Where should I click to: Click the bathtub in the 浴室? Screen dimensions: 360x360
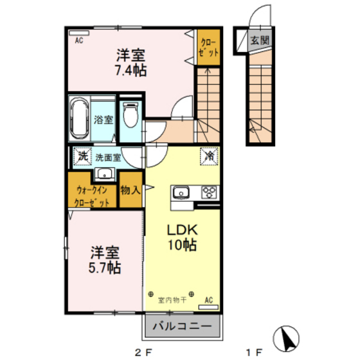coord(80,118)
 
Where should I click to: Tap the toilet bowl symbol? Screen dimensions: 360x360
coord(130,117)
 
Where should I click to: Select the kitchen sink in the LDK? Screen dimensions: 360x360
coord(180,192)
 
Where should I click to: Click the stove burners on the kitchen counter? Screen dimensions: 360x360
coord(209,192)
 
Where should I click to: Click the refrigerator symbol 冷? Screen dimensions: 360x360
coord(210,156)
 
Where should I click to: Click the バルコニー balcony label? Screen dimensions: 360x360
coord(182,327)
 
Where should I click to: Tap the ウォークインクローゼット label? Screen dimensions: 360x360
coord(93,195)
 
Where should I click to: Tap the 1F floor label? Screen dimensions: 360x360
coord(255,352)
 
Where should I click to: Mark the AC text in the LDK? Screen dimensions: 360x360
coord(208,300)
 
